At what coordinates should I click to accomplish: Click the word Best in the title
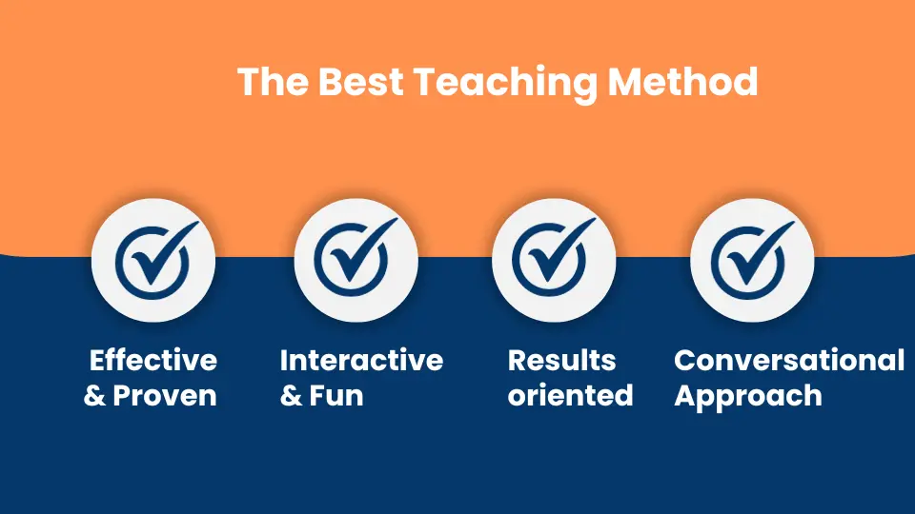[x=360, y=82]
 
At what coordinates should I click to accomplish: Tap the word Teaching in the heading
[x=505, y=84]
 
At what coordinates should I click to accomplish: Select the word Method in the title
[x=682, y=81]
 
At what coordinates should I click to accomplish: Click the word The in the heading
[x=274, y=82]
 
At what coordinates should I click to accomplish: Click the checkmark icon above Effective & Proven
[x=156, y=259]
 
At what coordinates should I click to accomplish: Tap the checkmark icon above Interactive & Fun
[x=356, y=258]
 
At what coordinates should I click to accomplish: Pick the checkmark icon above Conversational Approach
[x=752, y=259]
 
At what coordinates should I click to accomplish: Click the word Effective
[x=153, y=360]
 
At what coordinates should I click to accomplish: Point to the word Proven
[x=165, y=396]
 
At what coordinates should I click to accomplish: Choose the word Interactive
[x=362, y=360]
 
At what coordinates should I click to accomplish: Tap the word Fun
[x=336, y=396]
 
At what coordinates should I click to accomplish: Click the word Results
[x=562, y=360]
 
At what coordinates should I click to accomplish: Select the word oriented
[x=571, y=395]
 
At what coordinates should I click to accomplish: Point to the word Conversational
[x=789, y=360]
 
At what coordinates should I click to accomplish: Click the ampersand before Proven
[x=94, y=396]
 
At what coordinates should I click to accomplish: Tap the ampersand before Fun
[x=292, y=396]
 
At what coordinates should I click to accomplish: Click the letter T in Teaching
[x=427, y=82]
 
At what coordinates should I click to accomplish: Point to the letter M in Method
[x=626, y=82]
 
